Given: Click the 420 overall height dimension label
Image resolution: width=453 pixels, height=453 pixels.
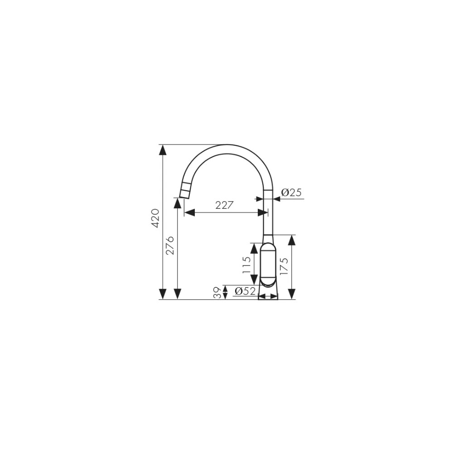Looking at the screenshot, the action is [155, 218].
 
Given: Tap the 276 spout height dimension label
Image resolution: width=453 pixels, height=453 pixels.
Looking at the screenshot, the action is [170, 245].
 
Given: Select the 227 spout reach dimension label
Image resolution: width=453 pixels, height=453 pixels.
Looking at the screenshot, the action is [224, 205].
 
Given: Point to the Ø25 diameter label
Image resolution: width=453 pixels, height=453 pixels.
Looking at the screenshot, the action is [291, 193].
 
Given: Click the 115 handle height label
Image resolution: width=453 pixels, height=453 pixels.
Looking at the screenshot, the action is [246, 265].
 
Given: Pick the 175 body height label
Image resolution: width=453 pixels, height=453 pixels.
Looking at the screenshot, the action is [284, 266].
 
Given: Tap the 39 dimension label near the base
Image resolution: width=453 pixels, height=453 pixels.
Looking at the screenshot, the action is [218, 292].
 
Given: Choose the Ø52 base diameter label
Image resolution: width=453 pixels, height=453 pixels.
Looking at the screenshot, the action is [245, 291].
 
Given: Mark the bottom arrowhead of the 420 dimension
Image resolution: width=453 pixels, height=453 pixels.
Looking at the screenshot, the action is [163, 294].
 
